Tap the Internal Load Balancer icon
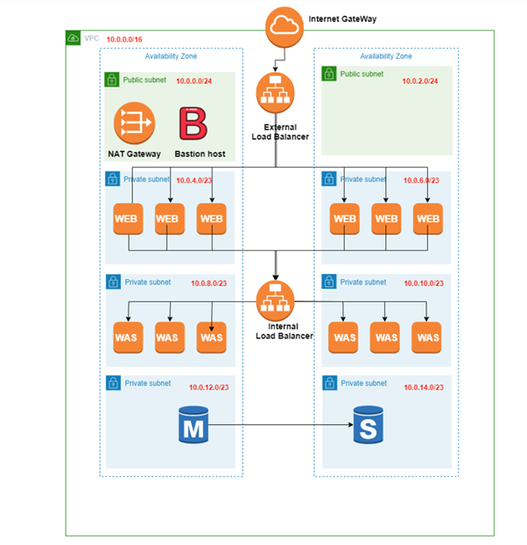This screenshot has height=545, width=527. (x=276, y=300)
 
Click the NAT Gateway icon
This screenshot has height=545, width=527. (x=132, y=124)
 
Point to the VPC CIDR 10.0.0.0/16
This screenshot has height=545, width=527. (x=124, y=40)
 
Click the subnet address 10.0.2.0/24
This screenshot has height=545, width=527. (x=420, y=81)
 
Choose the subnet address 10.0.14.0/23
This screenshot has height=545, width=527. (x=424, y=387)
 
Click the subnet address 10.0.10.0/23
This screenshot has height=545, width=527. (x=424, y=284)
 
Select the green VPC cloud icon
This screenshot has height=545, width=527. (x=74, y=38)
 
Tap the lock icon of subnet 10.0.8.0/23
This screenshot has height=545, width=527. (x=112, y=283)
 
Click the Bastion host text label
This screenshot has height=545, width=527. (x=200, y=154)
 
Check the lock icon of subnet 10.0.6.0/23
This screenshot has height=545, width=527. (x=329, y=179)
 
